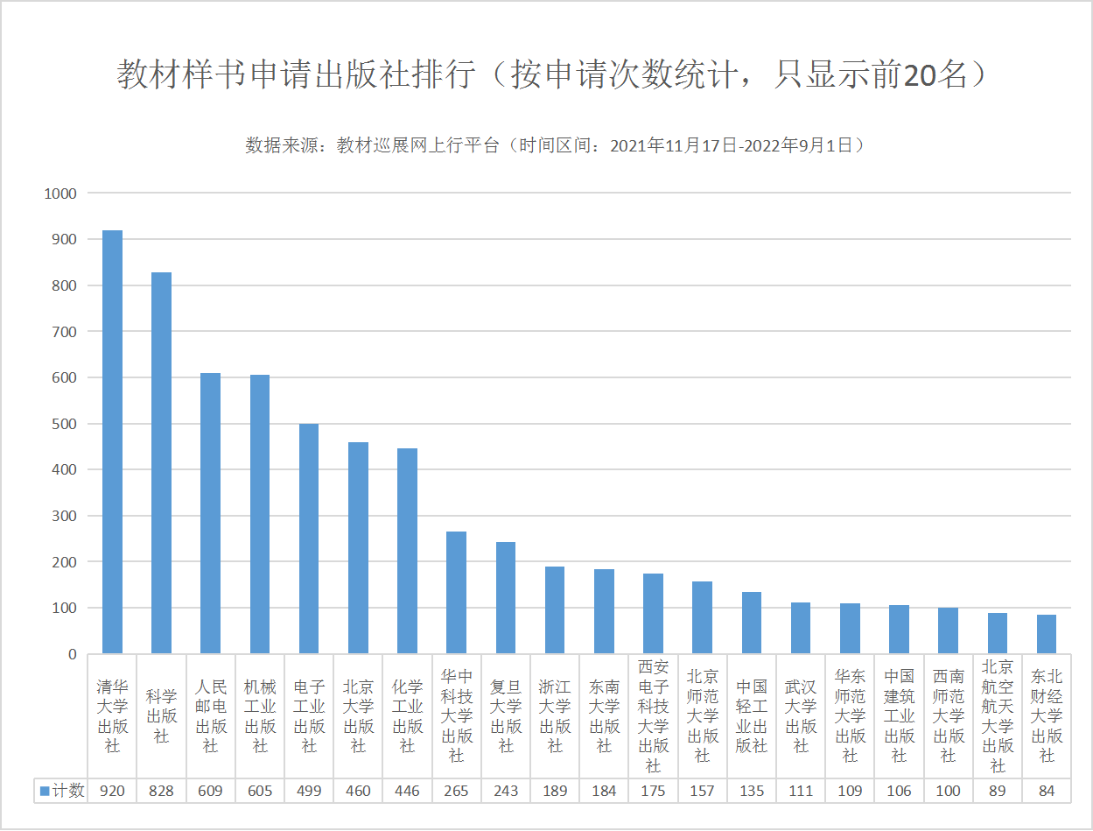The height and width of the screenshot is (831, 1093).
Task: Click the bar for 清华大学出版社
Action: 113,442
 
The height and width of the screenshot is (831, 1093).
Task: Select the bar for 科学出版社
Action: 162,463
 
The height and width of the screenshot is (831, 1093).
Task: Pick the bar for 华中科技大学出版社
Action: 456,593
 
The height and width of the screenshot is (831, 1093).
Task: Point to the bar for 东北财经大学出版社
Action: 1047,634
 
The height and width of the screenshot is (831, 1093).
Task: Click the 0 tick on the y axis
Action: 72,654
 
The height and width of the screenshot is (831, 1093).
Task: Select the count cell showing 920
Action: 113,791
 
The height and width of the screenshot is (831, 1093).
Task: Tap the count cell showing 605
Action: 260,791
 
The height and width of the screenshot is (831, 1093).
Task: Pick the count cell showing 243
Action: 506,791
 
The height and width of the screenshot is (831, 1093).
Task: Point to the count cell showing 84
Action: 1047,791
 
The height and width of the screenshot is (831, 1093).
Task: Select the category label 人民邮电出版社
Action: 211,716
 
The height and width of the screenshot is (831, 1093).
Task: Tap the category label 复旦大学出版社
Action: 506,716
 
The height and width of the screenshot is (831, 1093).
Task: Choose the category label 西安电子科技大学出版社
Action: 653,716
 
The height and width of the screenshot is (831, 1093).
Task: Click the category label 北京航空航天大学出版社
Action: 998,716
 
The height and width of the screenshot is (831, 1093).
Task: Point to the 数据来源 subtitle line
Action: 555,145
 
